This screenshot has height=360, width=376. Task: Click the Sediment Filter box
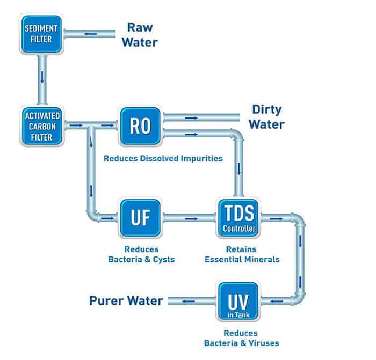click(x=41, y=34)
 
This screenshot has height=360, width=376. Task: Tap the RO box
click(x=140, y=126)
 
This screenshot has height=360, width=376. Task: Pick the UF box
click(x=140, y=218)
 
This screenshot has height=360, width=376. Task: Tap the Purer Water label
click(x=127, y=300)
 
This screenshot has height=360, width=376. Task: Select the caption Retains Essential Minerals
click(x=237, y=254)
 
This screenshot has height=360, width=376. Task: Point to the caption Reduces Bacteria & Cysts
click(x=141, y=254)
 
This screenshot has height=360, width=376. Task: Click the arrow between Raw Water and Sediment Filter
click(x=91, y=34)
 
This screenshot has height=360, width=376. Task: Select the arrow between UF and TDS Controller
click(x=189, y=218)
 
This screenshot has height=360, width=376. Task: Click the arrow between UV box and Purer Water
click(x=189, y=301)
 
